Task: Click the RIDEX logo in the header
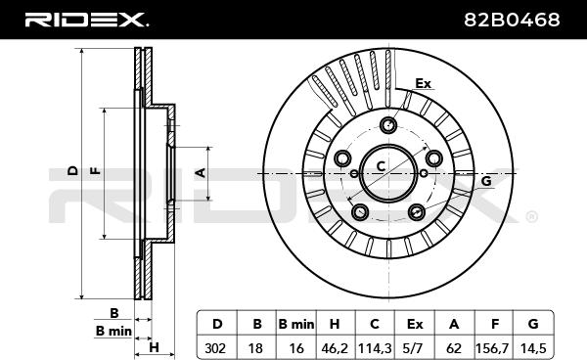pos(86,20)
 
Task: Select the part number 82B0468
pos(512,20)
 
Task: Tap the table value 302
pos(215,348)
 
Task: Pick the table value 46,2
pos(335,348)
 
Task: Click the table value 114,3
pos(375,348)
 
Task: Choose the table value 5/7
pos(415,348)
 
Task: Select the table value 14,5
pos(533,348)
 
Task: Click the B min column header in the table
pos(296,324)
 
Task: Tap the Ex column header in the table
pos(415,324)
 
